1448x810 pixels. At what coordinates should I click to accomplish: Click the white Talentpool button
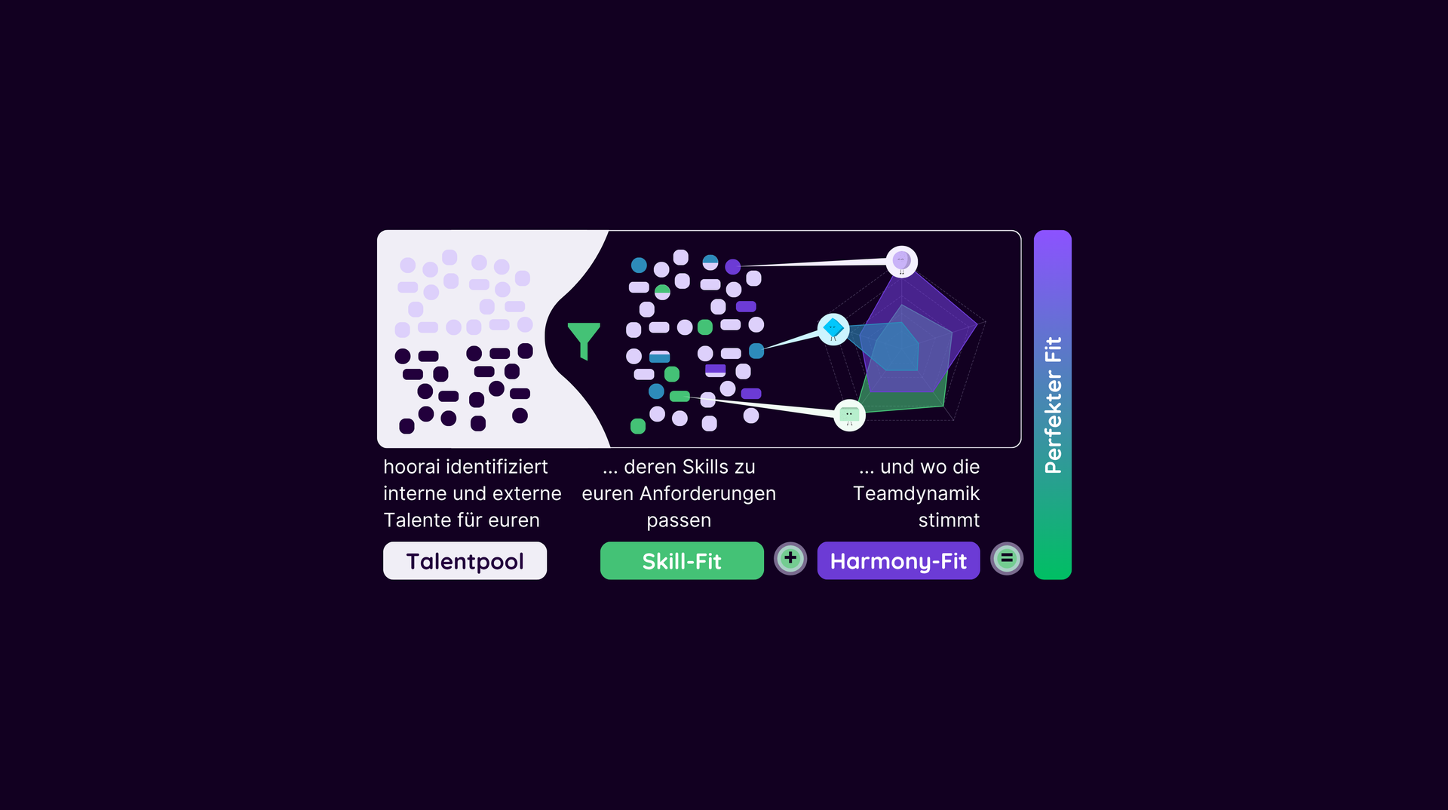pyautogui.click(x=465, y=560)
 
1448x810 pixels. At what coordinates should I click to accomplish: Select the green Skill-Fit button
pyautogui.click(x=682, y=560)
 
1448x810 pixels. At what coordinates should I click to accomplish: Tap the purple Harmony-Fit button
pyautogui.click(x=898, y=560)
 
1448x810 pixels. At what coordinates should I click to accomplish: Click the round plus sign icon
pyautogui.click(x=790, y=559)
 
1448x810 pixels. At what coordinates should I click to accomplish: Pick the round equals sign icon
pyautogui.click(x=1007, y=559)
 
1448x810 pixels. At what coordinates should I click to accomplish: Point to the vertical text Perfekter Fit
pyautogui.click(x=1053, y=405)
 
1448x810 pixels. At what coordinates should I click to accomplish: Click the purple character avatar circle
pyautogui.click(x=902, y=262)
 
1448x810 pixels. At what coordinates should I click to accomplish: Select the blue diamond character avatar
pyautogui.click(x=833, y=330)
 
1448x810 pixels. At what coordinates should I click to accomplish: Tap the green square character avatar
pyautogui.click(x=850, y=415)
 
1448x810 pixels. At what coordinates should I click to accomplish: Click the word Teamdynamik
pyautogui.click(x=916, y=494)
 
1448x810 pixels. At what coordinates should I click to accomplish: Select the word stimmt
pyautogui.click(x=949, y=520)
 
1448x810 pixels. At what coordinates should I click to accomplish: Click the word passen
pyautogui.click(x=679, y=521)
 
